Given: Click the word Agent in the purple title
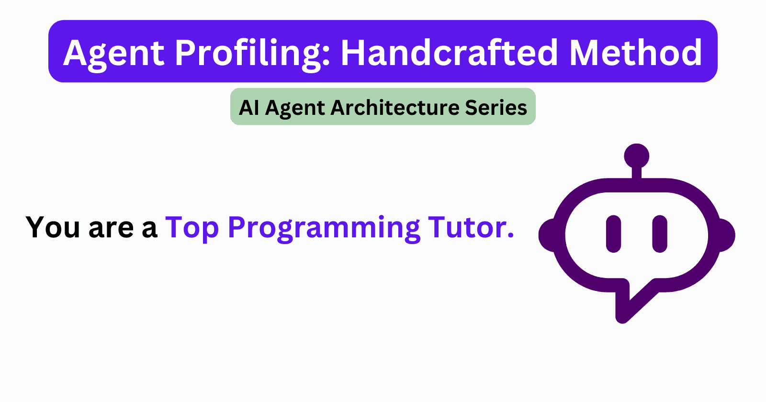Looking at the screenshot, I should click(114, 53).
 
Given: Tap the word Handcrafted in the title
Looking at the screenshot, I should click(449, 52).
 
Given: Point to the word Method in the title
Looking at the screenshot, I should click(635, 52).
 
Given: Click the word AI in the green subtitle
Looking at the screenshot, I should click(249, 107).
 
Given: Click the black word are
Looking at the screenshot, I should click(111, 228).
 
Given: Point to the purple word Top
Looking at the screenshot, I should click(192, 228).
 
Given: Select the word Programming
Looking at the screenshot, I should click(324, 228).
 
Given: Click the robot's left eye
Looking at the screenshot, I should click(613, 234).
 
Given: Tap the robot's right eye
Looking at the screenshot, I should click(660, 234).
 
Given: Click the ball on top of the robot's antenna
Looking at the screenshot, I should click(637, 156).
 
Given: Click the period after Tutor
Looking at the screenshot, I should click(510, 235).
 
